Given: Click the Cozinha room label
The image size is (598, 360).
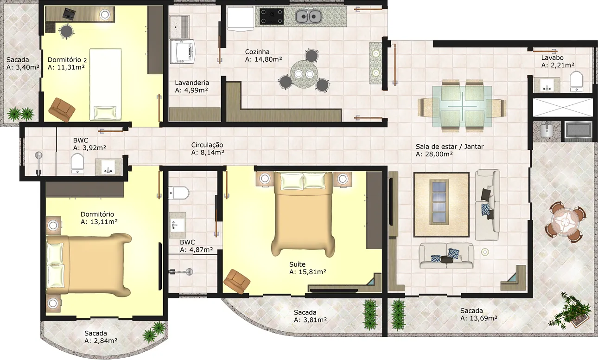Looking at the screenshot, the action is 257,51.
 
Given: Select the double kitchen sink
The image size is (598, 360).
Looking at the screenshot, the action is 308,16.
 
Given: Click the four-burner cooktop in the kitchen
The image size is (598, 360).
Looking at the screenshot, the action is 272,16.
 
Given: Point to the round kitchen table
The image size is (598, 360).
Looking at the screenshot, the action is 304,73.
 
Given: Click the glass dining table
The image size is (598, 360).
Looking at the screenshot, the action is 462,106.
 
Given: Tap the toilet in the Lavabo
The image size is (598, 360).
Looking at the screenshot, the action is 577,81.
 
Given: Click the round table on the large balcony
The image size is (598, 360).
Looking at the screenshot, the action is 565,222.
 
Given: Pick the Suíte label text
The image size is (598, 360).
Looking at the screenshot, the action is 297,264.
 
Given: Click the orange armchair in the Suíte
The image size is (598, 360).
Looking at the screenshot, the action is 237,282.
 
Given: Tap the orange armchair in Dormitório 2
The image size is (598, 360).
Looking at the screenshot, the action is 62,109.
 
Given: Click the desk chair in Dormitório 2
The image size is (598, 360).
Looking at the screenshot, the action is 66,32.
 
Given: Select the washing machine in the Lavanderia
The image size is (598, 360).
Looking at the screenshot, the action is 183,51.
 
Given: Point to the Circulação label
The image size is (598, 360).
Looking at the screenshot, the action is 207,145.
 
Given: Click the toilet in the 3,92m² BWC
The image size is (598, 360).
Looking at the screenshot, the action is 77,163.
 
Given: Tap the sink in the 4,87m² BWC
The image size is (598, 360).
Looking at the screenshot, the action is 178,225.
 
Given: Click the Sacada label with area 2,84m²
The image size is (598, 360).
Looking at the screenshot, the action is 95,333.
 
